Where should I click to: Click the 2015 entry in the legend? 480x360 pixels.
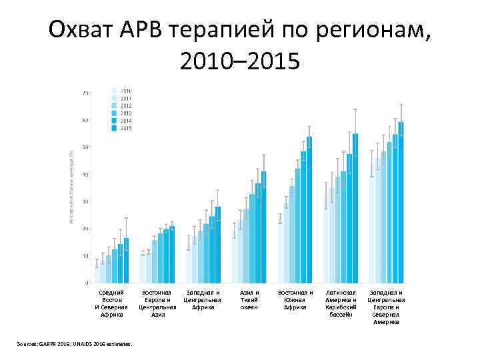125,128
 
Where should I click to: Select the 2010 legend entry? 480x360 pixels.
125,90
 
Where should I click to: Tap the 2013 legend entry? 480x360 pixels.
125,113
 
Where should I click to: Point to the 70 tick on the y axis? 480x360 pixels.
85,93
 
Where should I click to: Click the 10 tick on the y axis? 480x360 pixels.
85,256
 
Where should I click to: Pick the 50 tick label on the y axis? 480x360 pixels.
85,147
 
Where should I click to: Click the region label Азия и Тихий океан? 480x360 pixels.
249,299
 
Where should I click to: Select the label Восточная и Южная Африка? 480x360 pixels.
295,299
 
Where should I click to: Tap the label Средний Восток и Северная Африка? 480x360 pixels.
111,303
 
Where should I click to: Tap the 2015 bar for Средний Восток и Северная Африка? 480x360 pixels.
126,260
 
